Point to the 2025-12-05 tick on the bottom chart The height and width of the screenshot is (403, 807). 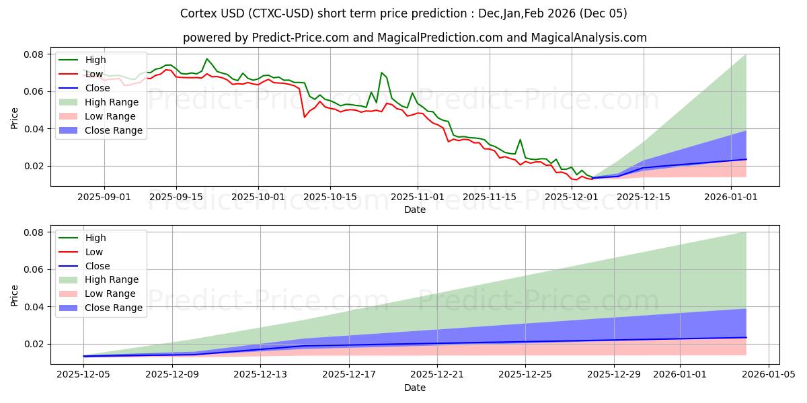pos(83,375)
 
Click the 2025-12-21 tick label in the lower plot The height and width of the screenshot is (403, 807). pos(437,375)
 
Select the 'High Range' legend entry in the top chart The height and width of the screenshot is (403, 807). pos(112,102)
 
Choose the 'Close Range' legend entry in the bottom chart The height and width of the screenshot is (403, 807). pos(113,308)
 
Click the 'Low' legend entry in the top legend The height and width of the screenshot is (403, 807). pos(94,74)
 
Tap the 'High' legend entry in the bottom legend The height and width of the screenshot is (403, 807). pos(95,238)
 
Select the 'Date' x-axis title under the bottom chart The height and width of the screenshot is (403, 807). pos(414,388)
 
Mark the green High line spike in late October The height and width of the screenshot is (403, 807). pos(381,73)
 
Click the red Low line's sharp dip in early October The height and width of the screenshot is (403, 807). pos(305,117)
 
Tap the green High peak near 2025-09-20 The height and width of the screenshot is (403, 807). pos(206,59)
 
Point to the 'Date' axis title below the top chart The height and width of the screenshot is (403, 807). pos(414,210)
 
